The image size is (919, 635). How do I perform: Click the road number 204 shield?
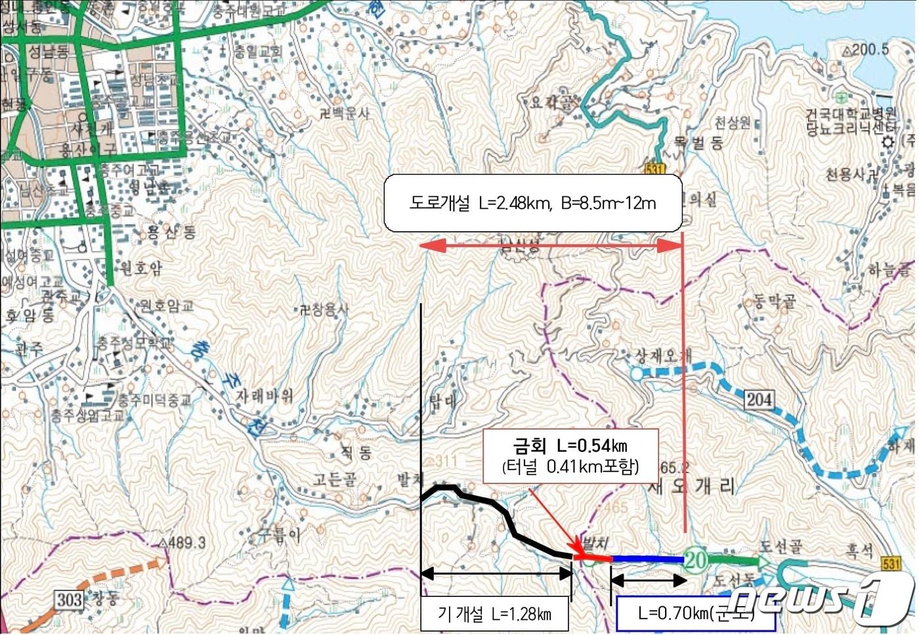pos(759,399)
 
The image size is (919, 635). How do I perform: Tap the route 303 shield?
pos(69,600)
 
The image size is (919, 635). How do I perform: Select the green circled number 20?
pos(696,559)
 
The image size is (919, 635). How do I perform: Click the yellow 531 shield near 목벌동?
pos(654,168)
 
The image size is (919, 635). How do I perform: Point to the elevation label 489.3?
pos(182,543)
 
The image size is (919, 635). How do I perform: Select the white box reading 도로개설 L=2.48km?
pos(532,203)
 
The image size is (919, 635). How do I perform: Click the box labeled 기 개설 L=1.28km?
pos(494,614)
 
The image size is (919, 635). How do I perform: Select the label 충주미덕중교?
pos(154,400)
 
